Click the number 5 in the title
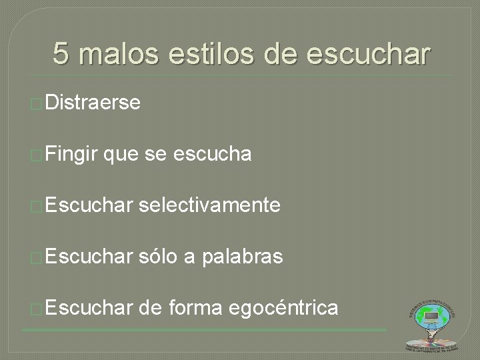pos(61,54)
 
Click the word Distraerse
pos(93,103)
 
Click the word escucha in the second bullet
pos(212,155)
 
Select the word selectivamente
pos(211,206)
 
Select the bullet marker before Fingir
pos(37,156)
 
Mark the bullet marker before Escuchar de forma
pos(37,309)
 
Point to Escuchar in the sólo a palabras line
pos(90,257)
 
